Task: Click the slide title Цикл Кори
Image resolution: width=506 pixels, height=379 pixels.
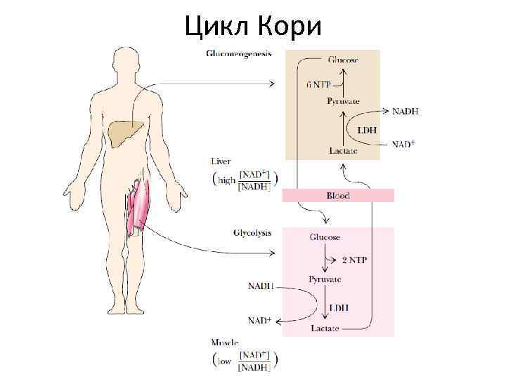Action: coord(253,27)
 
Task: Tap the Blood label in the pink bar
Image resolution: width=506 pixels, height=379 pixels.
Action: coord(338,196)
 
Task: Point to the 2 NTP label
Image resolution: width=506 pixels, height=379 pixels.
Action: coord(354,260)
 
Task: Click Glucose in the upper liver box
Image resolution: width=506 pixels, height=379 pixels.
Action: coord(343,60)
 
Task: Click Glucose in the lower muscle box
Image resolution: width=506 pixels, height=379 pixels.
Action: coord(325,237)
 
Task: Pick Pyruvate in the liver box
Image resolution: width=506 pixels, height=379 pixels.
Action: coord(343,101)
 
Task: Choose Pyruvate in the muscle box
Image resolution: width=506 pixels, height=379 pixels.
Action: coord(325,279)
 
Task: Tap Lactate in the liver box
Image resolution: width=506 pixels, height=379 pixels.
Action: coord(343,150)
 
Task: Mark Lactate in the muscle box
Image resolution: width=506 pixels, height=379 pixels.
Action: coord(325,328)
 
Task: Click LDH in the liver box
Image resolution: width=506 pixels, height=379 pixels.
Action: coord(367,130)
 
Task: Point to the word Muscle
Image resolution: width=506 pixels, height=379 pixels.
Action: coord(225,343)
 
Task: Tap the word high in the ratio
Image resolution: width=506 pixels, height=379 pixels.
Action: coord(227,180)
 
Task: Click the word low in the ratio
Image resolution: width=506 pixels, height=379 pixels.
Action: coord(225,361)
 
